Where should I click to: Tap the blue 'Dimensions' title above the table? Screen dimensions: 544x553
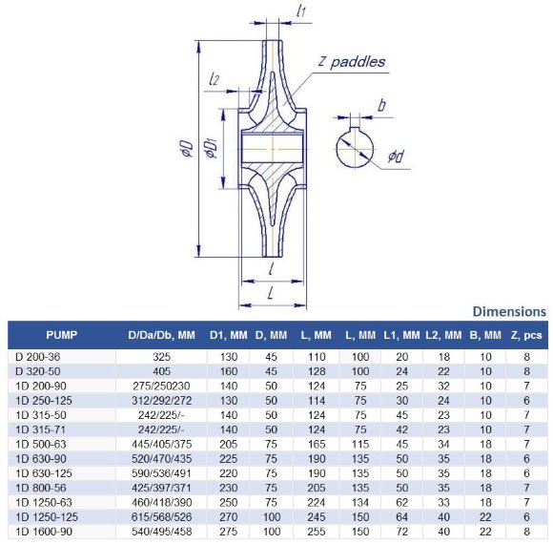(x=509, y=311)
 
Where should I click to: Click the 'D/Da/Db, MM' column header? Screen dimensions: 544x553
(x=160, y=335)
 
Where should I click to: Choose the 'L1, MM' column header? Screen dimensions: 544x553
(x=400, y=335)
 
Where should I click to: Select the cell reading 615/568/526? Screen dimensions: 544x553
(x=160, y=515)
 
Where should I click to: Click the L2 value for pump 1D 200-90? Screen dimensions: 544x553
(x=443, y=385)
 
